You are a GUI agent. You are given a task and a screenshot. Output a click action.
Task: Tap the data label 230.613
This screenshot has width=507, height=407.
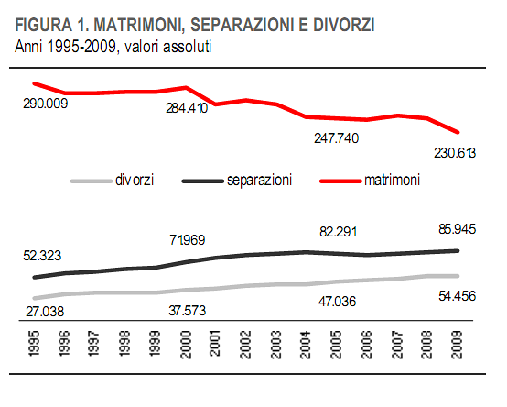coord(455,153)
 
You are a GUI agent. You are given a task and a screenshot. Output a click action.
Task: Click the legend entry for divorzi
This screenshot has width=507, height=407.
coord(134,181)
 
